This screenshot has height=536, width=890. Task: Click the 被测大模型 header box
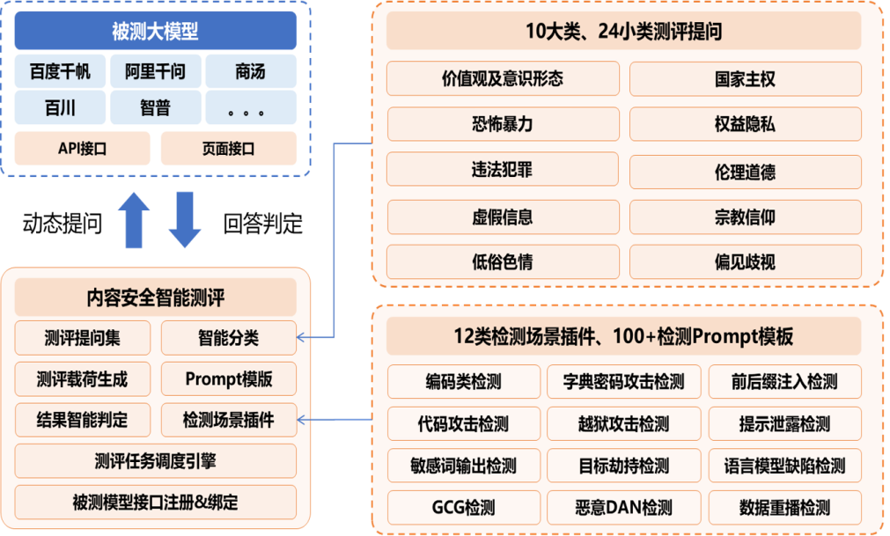pyautogui.click(x=155, y=32)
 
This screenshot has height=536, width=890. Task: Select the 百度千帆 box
pyautogui.click(x=60, y=71)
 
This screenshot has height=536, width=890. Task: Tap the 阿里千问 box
pyautogui.click(x=155, y=71)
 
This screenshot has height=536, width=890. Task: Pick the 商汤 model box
pyautogui.click(x=250, y=71)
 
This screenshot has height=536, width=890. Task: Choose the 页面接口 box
pyautogui.click(x=228, y=149)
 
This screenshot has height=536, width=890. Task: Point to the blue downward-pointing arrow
pyautogui.click(x=185, y=219)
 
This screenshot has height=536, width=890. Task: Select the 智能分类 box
pyautogui.click(x=228, y=338)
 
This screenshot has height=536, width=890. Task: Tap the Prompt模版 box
pyautogui.click(x=228, y=379)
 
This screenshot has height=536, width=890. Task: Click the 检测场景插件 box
pyautogui.click(x=228, y=420)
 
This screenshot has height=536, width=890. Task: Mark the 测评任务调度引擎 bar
pyautogui.click(x=155, y=461)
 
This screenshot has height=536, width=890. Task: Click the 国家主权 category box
pyautogui.click(x=745, y=79)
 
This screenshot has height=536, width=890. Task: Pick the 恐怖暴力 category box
pyautogui.click(x=502, y=124)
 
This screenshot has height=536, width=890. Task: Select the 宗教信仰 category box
pyautogui.click(x=745, y=217)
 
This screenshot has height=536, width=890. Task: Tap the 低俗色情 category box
pyautogui.click(x=502, y=261)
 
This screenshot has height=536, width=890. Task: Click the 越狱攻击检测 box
pyautogui.click(x=624, y=424)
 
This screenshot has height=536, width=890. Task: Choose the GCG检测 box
pyautogui.click(x=463, y=508)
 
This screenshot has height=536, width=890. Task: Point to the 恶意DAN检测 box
pyautogui.click(x=624, y=508)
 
